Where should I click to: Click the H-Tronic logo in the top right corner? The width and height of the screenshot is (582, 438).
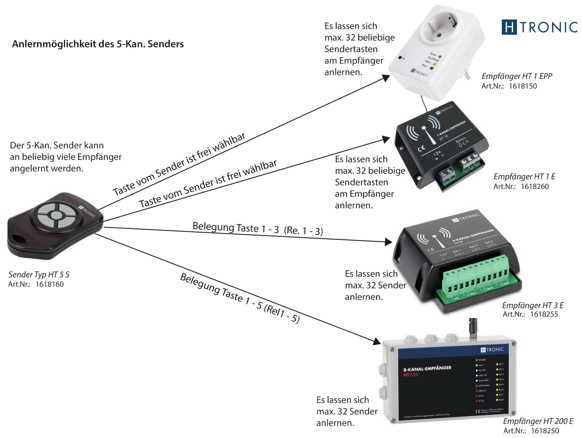tap(539, 27)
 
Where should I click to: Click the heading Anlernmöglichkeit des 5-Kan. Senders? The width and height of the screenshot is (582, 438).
tap(98, 44)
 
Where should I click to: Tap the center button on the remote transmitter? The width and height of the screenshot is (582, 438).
tap(56, 215)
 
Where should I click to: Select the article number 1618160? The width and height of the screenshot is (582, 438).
tap(49, 284)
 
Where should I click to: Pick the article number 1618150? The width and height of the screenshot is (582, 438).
tap(522, 86)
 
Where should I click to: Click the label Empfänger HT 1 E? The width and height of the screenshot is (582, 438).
tap(524, 176)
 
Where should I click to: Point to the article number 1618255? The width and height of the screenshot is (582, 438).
tap(544, 314)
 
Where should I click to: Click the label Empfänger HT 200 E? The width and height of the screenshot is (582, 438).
tap(538, 421)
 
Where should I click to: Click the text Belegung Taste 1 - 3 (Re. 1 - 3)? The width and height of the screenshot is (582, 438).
tap(257, 229)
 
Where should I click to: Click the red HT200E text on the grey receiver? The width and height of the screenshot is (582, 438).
tap(411, 375)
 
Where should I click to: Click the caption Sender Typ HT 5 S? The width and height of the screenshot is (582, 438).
tap(39, 274)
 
